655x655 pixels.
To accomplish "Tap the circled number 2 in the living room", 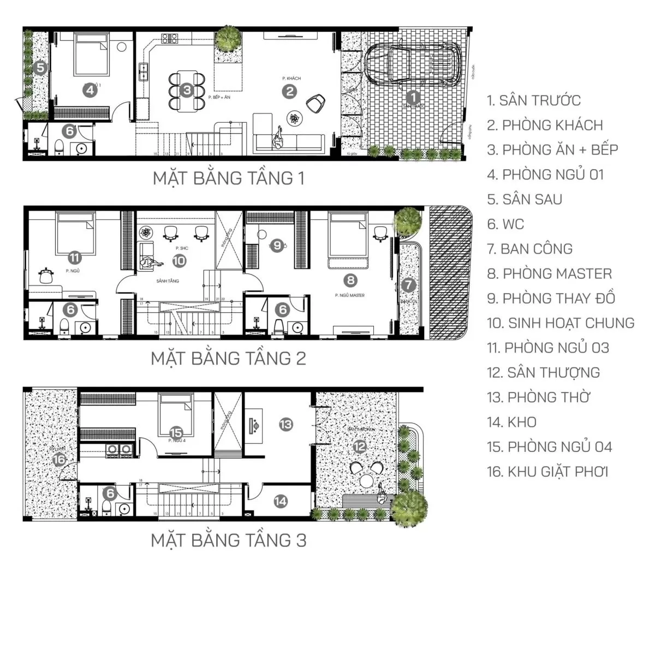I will pyautogui.click(x=289, y=91).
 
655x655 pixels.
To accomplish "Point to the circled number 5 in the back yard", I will pyautogui.click(x=39, y=68).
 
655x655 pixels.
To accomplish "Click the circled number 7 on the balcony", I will pyautogui.click(x=408, y=284).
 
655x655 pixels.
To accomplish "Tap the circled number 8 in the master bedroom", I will pyautogui.click(x=350, y=281).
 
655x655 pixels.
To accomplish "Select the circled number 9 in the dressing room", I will pyautogui.click(x=277, y=246).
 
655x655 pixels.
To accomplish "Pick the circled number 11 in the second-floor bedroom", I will pyautogui.click(x=75, y=258).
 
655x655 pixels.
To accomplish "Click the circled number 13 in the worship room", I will pyautogui.click(x=285, y=424).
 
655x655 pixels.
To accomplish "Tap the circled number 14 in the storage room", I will pyautogui.click(x=281, y=501).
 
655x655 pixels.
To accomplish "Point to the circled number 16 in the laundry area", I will pyautogui.click(x=59, y=460).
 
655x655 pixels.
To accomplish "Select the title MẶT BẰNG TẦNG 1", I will pyautogui.click(x=228, y=178).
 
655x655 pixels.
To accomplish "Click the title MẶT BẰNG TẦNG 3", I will pyautogui.click(x=228, y=540).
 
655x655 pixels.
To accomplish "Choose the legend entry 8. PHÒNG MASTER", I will pyautogui.click(x=549, y=273).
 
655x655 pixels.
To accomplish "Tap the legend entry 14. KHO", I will pyautogui.click(x=511, y=422).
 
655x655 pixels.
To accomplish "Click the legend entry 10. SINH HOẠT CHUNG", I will pyautogui.click(x=561, y=323).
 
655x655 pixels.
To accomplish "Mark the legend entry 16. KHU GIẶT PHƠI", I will pyautogui.click(x=547, y=472).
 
